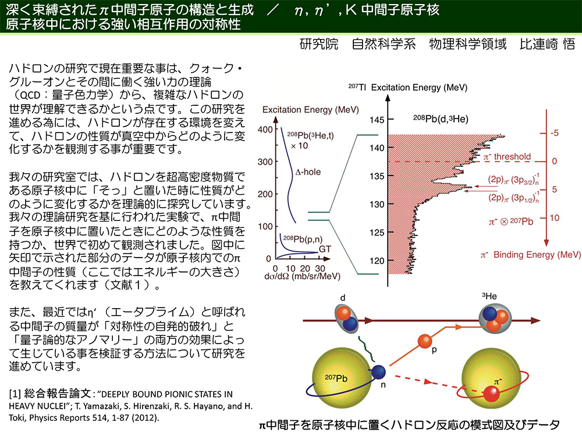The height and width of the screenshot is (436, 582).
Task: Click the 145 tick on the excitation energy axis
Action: tap(377, 120)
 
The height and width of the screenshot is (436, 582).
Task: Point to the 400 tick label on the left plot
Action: tap(265, 130)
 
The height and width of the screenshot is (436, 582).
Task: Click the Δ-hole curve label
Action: tap(308, 172)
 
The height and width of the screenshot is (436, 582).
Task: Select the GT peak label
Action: tap(325, 249)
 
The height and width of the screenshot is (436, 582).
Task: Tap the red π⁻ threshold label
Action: tap(507, 156)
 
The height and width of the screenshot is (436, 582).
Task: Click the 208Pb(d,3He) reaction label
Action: tap(441, 119)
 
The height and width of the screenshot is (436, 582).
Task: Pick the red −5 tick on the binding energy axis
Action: tap(554, 133)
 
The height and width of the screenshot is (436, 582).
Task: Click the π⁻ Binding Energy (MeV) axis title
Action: tap(530, 255)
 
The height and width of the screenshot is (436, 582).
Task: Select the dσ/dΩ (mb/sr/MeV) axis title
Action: tap(302, 277)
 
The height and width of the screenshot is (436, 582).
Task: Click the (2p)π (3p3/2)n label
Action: tap(513, 179)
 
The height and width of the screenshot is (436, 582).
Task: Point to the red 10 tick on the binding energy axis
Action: tap(554, 217)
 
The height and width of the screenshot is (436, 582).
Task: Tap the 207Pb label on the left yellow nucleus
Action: tap(336, 378)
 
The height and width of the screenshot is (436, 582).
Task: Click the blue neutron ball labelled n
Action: tap(378, 372)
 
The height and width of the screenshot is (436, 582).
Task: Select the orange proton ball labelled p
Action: tap(425, 341)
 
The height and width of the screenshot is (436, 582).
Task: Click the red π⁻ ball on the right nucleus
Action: tap(491, 394)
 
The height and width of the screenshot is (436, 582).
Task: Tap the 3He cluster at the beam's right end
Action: tap(495, 319)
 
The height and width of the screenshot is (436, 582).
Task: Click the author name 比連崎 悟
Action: tap(547, 44)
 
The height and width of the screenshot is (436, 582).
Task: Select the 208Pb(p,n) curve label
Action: tap(303, 239)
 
